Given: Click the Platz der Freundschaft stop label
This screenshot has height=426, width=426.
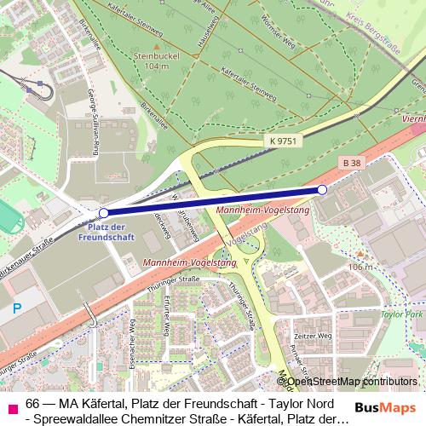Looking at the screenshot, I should tap(107, 231).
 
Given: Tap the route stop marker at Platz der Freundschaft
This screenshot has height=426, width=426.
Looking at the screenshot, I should tap(104, 213).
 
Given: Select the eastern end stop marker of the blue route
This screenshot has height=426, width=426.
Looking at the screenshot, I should tap(322, 189).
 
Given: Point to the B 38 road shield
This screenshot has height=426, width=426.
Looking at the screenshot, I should tap(350, 162).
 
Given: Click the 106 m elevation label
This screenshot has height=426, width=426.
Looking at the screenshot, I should tap(361, 267).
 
